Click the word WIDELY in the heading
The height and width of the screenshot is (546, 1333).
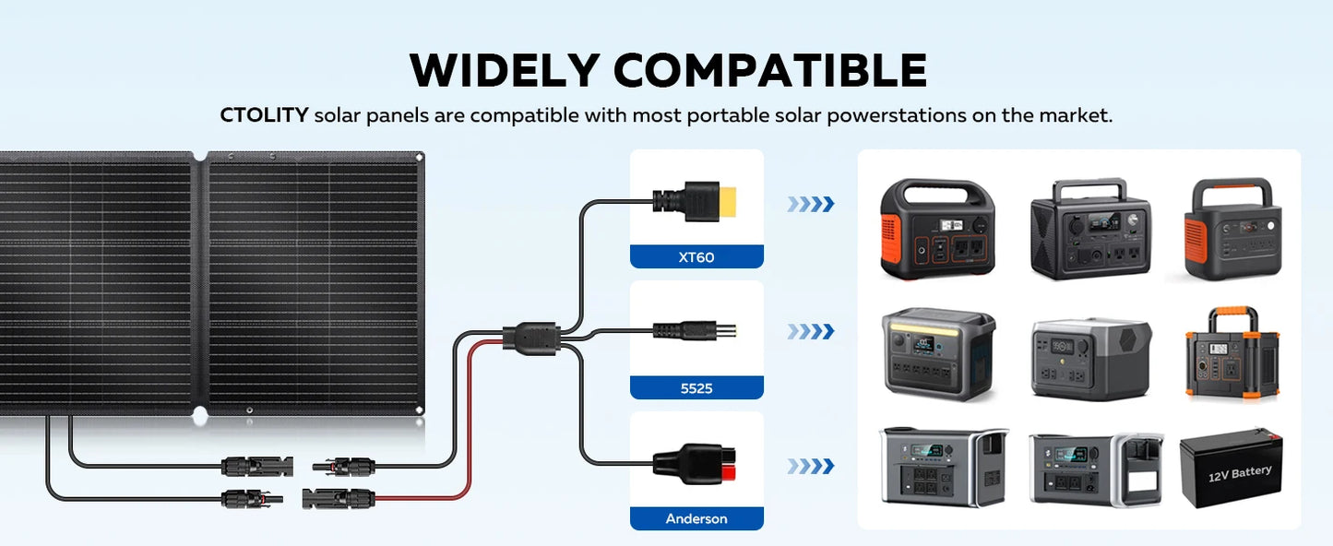pos(505,70)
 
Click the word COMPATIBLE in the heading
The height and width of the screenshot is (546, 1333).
pos(770,70)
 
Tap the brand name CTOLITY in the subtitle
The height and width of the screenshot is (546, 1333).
pos(264,114)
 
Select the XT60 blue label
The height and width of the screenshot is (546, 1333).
pos(696,257)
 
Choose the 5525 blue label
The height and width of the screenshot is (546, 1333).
pos(696,387)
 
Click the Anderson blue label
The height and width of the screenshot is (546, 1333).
pos(696,518)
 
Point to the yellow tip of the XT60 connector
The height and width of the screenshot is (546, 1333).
pos(728,202)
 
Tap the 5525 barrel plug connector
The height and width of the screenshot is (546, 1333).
pos(695,330)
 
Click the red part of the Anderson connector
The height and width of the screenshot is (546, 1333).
pos(729,472)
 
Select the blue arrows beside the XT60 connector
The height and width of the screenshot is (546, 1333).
pos(811,204)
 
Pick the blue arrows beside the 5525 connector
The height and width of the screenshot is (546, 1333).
pos(811,331)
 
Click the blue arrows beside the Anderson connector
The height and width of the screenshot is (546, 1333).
pos(811,466)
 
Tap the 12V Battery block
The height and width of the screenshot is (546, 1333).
pos(1232,469)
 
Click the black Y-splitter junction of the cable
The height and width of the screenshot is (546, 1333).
pos(530,339)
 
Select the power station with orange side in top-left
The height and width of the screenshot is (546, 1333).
pos(937,229)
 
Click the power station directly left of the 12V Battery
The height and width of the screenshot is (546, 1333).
pos(1096,469)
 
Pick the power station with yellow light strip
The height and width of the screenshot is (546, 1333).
pos(938,353)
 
